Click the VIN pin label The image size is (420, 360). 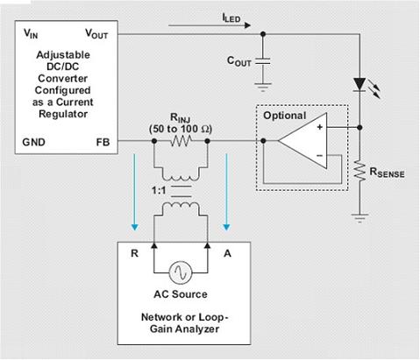[31, 33]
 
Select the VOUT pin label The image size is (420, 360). [96, 33]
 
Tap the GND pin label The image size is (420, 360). [33, 142]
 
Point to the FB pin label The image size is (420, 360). [103, 142]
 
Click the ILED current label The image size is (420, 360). [231, 18]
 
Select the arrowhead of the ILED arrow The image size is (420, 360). [247, 25]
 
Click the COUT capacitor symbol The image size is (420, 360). [263, 62]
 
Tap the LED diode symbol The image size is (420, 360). [359, 85]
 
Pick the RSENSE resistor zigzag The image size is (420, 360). [359, 172]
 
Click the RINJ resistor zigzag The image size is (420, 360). [181, 141]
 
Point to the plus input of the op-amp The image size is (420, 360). [320, 127]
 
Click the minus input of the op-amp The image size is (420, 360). [320, 155]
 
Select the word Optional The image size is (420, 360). [284, 116]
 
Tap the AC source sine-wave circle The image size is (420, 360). [181, 272]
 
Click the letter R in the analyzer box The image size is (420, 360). [134, 253]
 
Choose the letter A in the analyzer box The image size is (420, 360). [227, 253]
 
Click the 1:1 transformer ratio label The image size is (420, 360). [159, 191]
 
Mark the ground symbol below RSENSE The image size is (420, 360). [359, 218]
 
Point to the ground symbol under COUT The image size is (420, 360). [263, 88]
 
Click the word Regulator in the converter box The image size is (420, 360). [63, 114]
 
